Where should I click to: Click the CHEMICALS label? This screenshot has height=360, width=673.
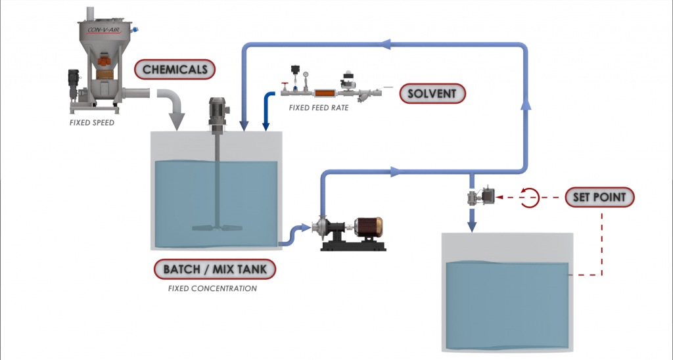(175, 69)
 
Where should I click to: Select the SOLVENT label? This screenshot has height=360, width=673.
(432, 93)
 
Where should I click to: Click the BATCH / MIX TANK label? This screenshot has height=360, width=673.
(215, 269)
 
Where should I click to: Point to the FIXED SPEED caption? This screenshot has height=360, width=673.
(93, 122)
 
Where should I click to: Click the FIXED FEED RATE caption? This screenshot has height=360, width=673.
(319, 108)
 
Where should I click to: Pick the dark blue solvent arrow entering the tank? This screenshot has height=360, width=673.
(266, 112)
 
